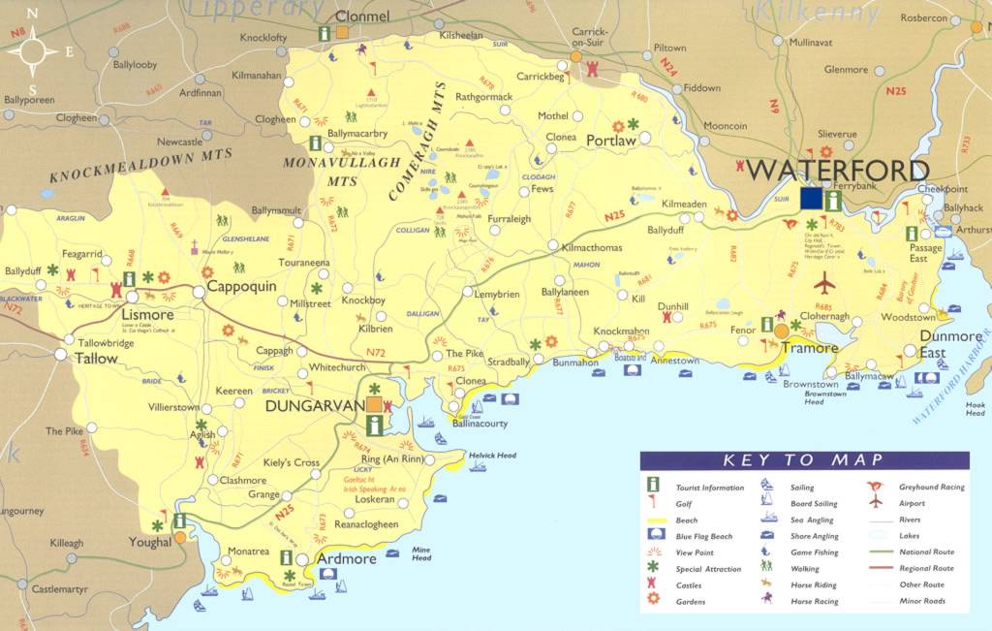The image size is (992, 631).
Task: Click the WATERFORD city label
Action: (839, 171)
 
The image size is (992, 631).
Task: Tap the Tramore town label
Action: (809, 348)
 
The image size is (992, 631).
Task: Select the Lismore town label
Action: (147, 315)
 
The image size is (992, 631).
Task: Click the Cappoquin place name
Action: (242, 288)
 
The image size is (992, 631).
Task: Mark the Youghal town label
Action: (149, 543)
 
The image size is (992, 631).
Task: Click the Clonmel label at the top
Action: (361, 16)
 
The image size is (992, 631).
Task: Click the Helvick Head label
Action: (492, 456)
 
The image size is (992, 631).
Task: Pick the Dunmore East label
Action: (932, 344)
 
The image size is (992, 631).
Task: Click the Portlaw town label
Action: (610, 141)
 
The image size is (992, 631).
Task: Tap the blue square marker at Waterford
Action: (811, 198)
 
